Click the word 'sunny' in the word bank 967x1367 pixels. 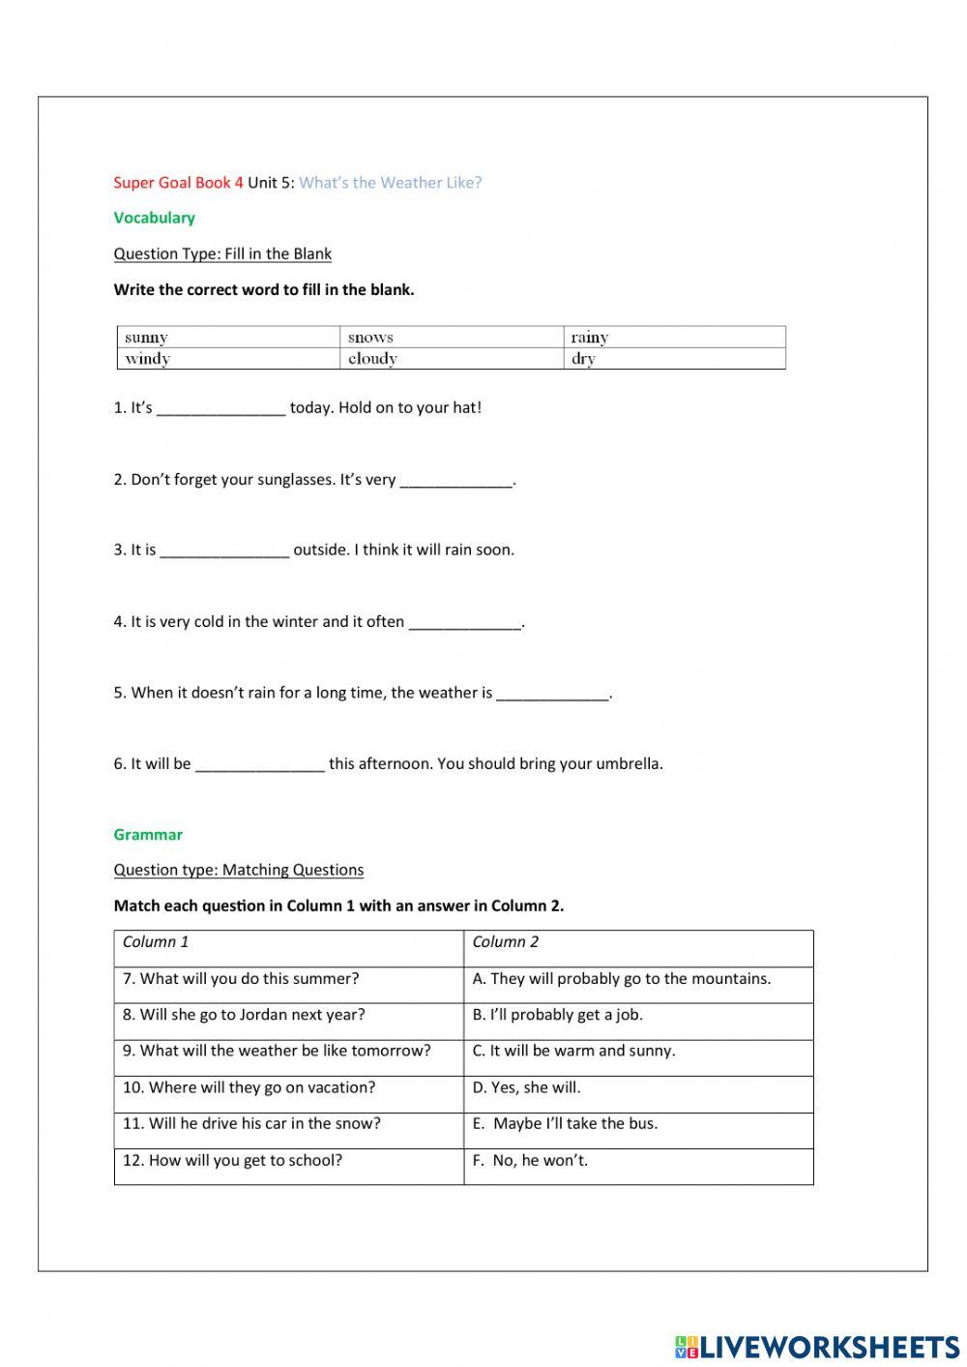[x=146, y=338]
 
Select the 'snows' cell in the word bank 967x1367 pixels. [x=370, y=338]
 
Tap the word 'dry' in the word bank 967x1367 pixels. [x=583, y=359]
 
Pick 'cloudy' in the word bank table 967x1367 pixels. [x=372, y=359]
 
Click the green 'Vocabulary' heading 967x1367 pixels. [x=154, y=218]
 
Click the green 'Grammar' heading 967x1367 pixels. [x=148, y=834]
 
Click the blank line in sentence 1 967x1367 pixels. [x=220, y=409]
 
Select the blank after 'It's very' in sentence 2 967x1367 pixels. [x=455, y=481]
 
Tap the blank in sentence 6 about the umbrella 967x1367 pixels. [x=259, y=765]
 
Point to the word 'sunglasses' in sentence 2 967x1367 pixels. [x=296, y=479]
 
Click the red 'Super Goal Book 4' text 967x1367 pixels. [x=178, y=182]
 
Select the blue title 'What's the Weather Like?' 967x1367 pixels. [x=390, y=182]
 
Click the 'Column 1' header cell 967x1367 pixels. [x=156, y=941]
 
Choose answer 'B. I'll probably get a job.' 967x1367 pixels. [x=557, y=1015]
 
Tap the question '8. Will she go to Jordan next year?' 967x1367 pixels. [x=244, y=1015]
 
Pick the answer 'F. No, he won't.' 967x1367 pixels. [x=530, y=1160]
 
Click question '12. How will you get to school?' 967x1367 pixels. [x=232, y=1160]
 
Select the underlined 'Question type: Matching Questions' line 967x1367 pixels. [x=239, y=870]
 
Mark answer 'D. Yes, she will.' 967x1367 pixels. [x=526, y=1087]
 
